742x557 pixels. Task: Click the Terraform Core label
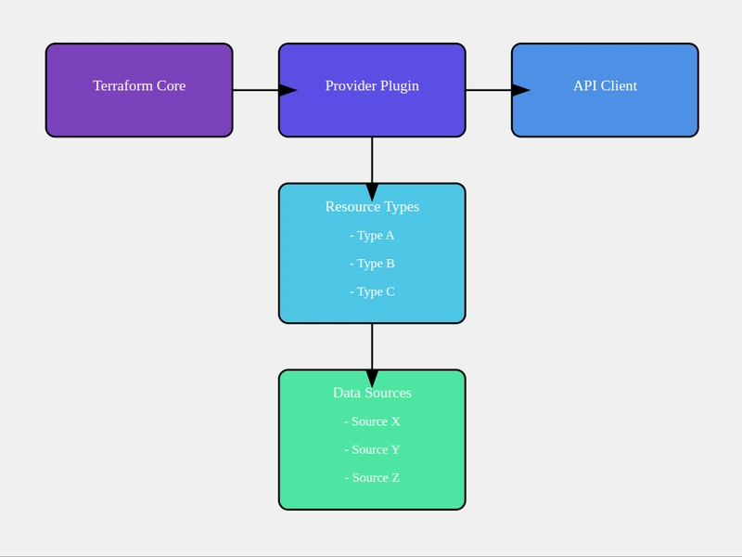click(139, 85)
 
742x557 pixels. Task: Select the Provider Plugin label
click(372, 85)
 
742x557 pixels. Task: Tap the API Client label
click(606, 85)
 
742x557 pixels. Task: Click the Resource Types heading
click(372, 206)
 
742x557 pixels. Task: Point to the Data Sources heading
click(372, 393)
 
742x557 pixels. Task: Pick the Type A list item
click(372, 236)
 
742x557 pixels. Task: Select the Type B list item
click(372, 264)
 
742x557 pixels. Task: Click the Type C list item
click(372, 291)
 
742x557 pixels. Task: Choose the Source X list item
click(372, 421)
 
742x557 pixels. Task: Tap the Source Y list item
click(372, 449)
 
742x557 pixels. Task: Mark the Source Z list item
click(372, 477)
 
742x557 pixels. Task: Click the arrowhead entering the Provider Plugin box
click(288, 90)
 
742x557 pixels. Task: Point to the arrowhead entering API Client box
click(520, 90)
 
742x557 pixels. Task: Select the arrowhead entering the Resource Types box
click(372, 192)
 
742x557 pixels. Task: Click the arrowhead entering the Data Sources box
click(372, 379)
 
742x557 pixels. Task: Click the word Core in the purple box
click(172, 85)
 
